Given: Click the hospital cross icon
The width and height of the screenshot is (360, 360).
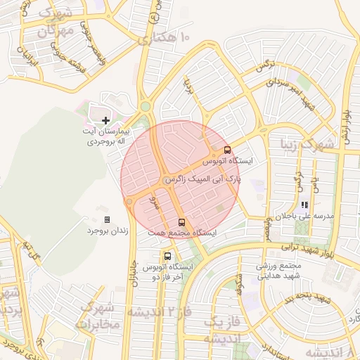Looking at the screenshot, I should coord(105,121).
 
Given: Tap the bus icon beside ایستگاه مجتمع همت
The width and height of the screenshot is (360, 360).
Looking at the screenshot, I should coord(181,222).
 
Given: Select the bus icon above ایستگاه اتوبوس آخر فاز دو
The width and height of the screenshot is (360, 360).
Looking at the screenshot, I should coord(167,256).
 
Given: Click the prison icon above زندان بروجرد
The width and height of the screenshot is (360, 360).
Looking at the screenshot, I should coord(106,219).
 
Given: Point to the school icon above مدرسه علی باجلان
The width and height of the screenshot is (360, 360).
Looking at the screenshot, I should coord(304,205).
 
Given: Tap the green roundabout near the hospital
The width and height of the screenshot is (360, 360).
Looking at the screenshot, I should coord(146,107).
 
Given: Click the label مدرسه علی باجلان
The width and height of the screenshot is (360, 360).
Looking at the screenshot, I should coord(304,216).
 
